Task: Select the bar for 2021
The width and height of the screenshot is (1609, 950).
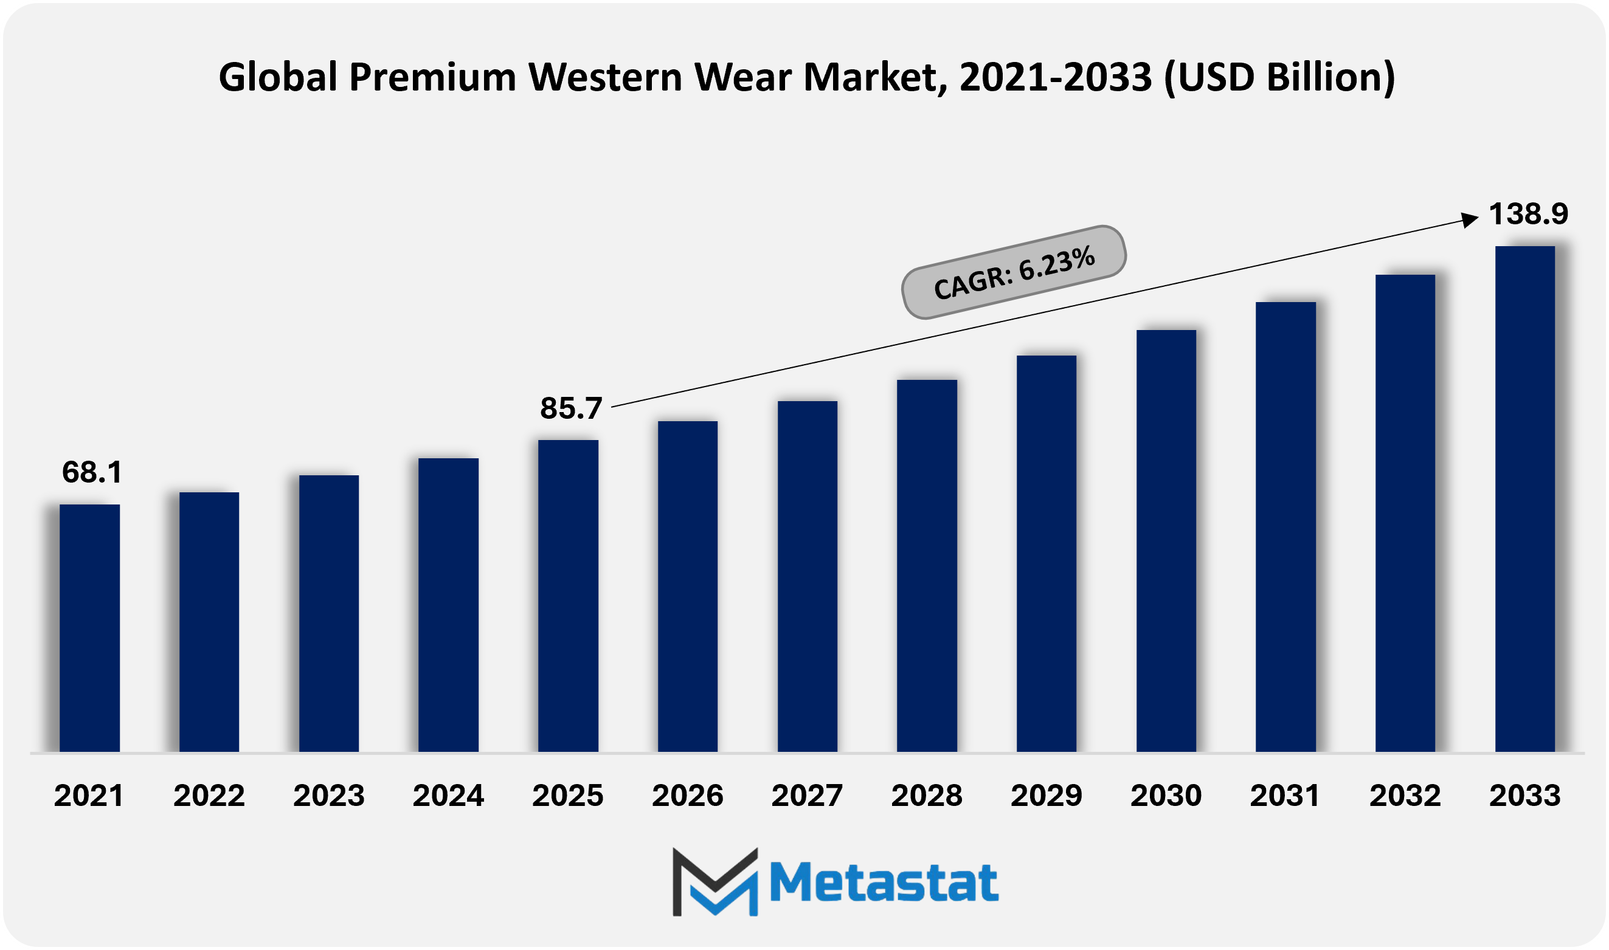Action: (89, 628)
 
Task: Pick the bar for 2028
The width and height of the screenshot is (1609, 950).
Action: (927, 566)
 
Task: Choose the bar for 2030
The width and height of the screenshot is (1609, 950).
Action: (1166, 541)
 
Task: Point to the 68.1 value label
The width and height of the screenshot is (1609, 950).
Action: (92, 472)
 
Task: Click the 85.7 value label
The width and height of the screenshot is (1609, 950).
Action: (571, 408)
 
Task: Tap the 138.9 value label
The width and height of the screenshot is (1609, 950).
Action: (1528, 214)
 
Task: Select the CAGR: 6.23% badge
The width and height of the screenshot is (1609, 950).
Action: (1014, 273)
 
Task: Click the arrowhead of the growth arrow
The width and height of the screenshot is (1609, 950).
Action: (1470, 219)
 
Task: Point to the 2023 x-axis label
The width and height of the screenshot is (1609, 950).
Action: (328, 796)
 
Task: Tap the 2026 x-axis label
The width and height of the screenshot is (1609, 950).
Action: (687, 796)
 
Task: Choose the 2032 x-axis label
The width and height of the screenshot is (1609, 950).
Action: (1405, 796)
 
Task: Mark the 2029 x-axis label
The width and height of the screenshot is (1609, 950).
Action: (1046, 796)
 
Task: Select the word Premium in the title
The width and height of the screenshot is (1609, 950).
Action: (432, 77)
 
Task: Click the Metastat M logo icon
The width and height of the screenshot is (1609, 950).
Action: (715, 881)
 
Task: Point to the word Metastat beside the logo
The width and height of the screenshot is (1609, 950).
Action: (884, 883)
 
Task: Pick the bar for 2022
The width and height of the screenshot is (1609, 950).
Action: (209, 622)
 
